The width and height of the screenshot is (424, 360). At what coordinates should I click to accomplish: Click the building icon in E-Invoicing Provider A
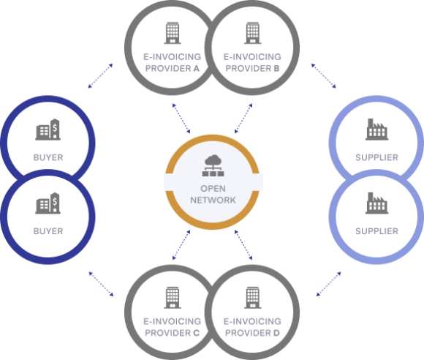pos(172,32)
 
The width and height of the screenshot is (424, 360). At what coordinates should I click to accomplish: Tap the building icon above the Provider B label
pos(252,32)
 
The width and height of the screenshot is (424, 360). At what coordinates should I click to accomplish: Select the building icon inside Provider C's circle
pos(172,296)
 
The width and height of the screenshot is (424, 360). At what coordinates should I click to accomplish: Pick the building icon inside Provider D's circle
pos(252,296)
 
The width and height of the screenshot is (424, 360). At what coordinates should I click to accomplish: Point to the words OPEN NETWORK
pos(212,193)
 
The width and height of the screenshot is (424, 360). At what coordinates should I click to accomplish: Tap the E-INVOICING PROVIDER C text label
pos(172,326)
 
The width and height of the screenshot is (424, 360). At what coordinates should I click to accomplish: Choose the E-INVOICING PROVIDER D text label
pos(252,326)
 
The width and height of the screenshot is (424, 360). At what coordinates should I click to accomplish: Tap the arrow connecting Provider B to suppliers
pos(322,76)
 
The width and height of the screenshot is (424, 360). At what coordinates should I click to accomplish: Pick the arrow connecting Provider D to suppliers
pos(328,283)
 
